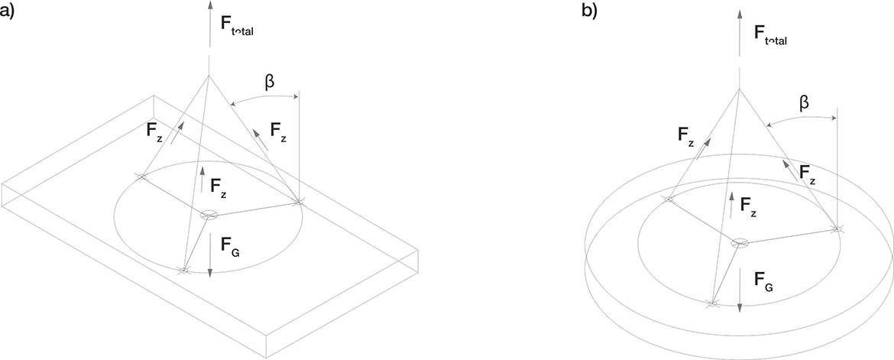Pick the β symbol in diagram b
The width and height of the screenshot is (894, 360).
pyautogui.click(x=802, y=101)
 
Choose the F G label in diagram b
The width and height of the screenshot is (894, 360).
pyautogui.click(x=763, y=281)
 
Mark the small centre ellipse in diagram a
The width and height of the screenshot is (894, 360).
pyautogui.click(x=209, y=216)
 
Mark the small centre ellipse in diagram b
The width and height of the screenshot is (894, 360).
pyautogui.click(x=740, y=243)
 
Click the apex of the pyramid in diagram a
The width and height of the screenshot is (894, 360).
pyautogui.click(x=208, y=76)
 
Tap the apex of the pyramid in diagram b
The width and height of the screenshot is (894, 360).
pyautogui.click(x=739, y=88)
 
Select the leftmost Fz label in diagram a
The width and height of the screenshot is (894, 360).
pyautogui.click(x=154, y=131)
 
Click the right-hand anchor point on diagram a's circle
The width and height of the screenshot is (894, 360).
pyautogui.click(x=300, y=202)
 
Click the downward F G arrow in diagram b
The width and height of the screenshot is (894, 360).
pyautogui.click(x=740, y=290)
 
